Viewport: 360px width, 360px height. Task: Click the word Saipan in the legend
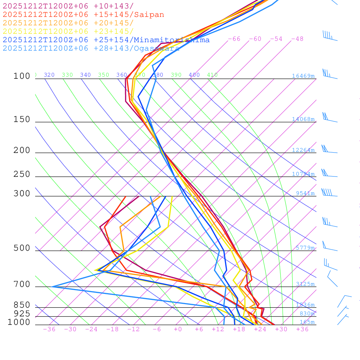[x=149, y=15]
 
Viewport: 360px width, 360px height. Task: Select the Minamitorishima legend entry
[x=172, y=40]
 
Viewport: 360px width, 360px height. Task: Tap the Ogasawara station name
[x=156, y=48]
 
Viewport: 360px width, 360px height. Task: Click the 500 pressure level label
[x=22, y=248]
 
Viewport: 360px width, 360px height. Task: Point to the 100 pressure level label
[x=22, y=76]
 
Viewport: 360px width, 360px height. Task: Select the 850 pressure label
[x=22, y=305]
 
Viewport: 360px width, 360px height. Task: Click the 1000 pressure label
[x=19, y=322]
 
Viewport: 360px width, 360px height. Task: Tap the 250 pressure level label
[x=22, y=174]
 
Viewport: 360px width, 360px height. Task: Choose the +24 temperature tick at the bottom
[x=260, y=329]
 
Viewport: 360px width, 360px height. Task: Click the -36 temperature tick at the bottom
[x=49, y=329]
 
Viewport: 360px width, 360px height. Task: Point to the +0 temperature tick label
[x=178, y=329]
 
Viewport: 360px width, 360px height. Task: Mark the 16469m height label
[x=303, y=76]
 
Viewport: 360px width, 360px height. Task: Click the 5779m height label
[x=305, y=248]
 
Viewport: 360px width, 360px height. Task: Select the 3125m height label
[x=305, y=284]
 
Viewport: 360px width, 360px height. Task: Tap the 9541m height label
[x=305, y=193]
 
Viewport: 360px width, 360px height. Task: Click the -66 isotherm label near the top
[x=234, y=39]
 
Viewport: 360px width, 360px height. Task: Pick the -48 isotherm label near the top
[x=297, y=39]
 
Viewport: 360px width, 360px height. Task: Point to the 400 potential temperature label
[x=194, y=75]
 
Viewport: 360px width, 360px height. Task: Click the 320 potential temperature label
[x=49, y=75]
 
